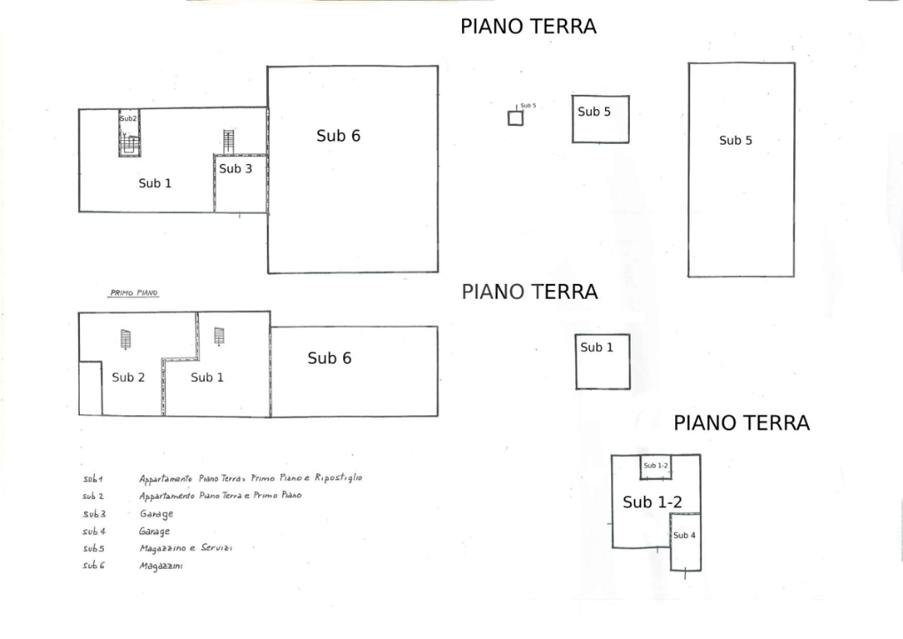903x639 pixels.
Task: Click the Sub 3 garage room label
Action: pyautogui.click(x=235, y=169)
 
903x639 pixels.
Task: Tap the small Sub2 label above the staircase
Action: pyautogui.click(x=128, y=118)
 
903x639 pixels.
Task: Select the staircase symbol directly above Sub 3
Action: pyautogui.click(x=229, y=140)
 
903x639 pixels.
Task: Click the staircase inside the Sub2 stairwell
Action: pyautogui.click(x=130, y=143)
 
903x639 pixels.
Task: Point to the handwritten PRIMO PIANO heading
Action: pyautogui.click(x=133, y=293)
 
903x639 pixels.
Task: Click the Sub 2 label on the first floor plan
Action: pyautogui.click(x=128, y=377)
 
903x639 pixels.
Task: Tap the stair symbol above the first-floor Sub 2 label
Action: pyautogui.click(x=125, y=339)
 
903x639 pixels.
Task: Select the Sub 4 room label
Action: pyautogui.click(x=684, y=535)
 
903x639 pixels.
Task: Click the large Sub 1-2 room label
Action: pyautogui.click(x=652, y=502)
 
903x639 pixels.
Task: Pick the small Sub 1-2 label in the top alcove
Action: pyautogui.click(x=656, y=466)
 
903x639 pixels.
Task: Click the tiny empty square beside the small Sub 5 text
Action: pyautogui.click(x=514, y=118)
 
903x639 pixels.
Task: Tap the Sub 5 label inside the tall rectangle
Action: pyautogui.click(x=735, y=140)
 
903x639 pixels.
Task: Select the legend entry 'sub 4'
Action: pyautogui.click(x=93, y=531)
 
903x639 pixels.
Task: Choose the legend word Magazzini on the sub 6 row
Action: pyautogui.click(x=161, y=565)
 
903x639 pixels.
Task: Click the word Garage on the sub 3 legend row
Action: pyautogui.click(x=155, y=514)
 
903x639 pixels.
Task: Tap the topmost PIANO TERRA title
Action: pyautogui.click(x=528, y=27)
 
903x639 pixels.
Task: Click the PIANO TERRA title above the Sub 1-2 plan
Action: pyautogui.click(x=742, y=422)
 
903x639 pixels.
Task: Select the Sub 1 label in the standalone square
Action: pyautogui.click(x=596, y=347)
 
